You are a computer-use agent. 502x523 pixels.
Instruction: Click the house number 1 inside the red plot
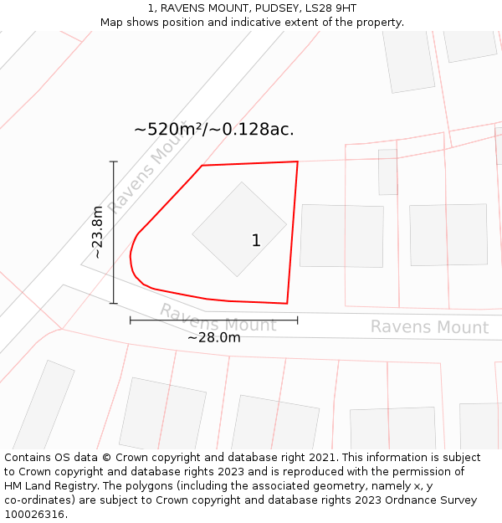click(x=256, y=241)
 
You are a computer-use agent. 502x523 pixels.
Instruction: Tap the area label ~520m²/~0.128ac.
click(x=213, y=130)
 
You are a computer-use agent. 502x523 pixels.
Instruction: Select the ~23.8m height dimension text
click(x=98, y=232)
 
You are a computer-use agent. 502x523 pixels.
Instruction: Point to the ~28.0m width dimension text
click(x=213, y=337)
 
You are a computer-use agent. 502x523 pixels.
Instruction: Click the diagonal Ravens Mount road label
click(x=148, y=177)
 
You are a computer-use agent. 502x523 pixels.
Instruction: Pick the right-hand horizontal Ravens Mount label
click(x=429, y=327)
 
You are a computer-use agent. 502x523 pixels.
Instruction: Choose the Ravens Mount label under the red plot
click(x=218, y=319)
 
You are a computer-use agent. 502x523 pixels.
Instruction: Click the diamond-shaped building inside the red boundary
click(x=238, y=228)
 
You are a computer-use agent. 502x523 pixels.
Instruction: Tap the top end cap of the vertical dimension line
click(x=114, y=162)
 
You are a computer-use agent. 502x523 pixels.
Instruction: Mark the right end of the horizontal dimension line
click(x=297, y=320)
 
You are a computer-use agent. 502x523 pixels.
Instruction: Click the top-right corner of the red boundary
click(x=297, y=162)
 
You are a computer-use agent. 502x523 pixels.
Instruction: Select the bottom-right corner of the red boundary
click(x=287, y=303)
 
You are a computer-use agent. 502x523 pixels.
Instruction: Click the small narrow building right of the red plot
click(x=387, y=172)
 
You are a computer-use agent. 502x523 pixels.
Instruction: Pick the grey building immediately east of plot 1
click(x=341, y=235)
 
